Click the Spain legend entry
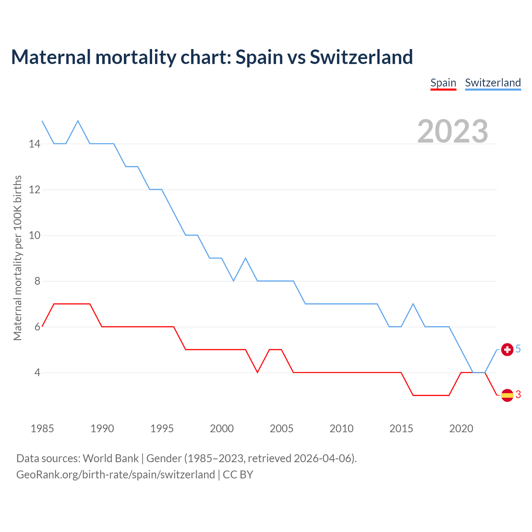click(443, 83)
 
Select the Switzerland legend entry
click(493, 83)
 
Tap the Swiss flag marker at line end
click(507, 350)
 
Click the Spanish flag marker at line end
click(507, 395)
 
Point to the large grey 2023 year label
click(453, 131)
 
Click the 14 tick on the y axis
click(34, 144)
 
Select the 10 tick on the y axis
click(34, 236)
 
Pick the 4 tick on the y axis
click(37, 373)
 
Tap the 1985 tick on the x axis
click(42, 429)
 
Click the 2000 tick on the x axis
click(222, 429)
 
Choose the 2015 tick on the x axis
click(401, 429)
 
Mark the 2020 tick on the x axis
click(461, 429)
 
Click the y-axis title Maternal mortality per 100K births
click(17, 258)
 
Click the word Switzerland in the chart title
click(361, 57)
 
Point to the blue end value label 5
click(518, 349)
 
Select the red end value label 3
click(518, 395)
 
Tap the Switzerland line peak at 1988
click(78, 121)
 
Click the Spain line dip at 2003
click(258, 372)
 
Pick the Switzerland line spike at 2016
click(413, 304)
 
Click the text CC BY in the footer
click(238, 475)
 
